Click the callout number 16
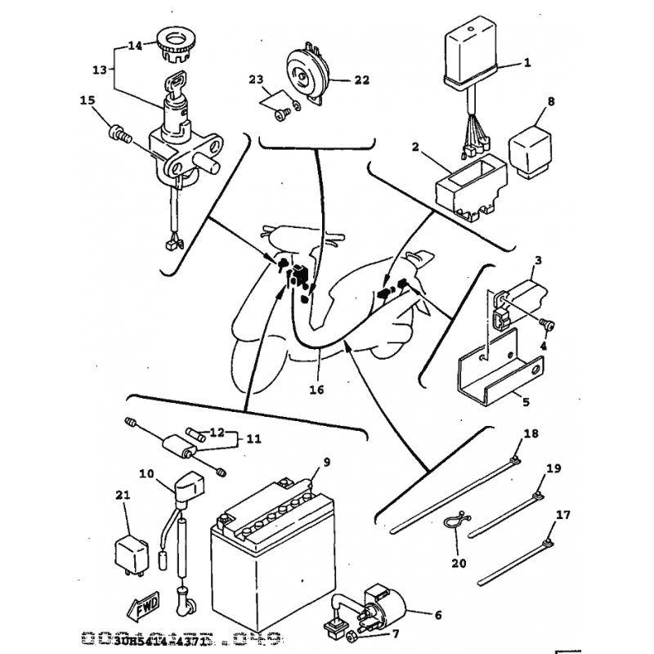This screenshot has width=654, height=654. click(x=317, y=390)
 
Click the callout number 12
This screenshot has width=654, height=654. click(x=217, y=432)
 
